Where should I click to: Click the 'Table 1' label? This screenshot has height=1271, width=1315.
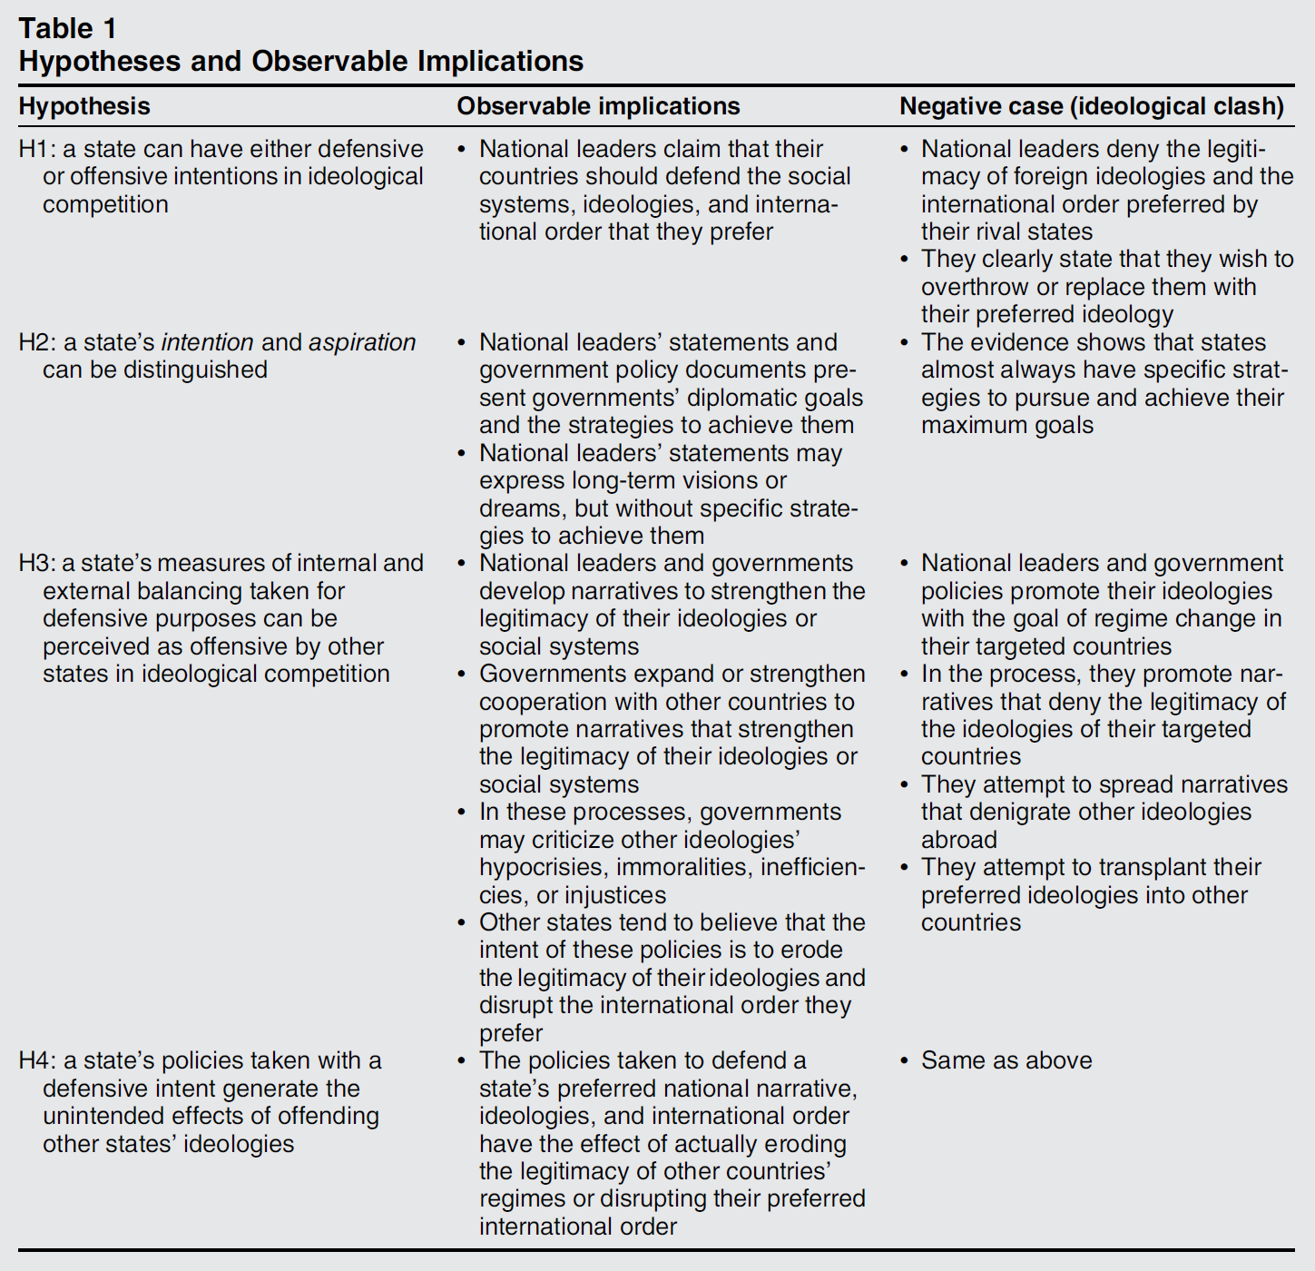67,28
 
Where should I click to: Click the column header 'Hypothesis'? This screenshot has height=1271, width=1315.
84,106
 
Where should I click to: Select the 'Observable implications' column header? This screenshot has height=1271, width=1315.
598,106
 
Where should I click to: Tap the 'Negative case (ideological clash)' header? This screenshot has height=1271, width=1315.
1092,106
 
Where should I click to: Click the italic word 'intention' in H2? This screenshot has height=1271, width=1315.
207,342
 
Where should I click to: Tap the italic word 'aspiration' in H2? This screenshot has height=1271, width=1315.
362,342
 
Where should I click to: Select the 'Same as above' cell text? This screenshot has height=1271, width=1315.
1006,1060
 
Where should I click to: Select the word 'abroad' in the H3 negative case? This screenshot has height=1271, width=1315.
959,840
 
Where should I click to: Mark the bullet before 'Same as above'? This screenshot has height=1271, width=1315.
905,1060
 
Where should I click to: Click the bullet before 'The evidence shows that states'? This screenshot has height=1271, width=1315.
905,342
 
